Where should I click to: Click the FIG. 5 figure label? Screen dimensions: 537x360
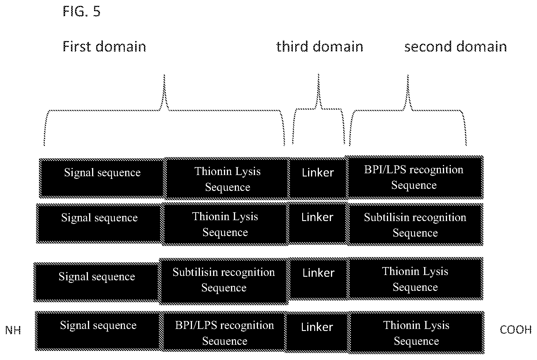point(81,11)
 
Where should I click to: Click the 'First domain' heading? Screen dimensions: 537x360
point(104,47)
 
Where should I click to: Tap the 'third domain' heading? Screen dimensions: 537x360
point(320,47)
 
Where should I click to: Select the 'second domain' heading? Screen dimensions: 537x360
point(456,47)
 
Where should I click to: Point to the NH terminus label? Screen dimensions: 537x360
point(13,330)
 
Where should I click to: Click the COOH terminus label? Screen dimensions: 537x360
point(516,330)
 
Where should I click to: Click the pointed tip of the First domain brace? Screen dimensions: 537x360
point(164,75)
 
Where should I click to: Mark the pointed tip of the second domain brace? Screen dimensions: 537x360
point(408,75)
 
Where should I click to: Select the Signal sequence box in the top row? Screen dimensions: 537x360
point(102,178)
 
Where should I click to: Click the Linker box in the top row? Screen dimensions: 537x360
point(318,178)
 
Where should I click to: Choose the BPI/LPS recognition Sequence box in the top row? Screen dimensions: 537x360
point(414,177)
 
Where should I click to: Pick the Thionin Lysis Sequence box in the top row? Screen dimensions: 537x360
point(227,179)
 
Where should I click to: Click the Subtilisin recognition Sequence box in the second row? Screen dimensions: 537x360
point(415,225)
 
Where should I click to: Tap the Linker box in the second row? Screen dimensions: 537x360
point(318,224)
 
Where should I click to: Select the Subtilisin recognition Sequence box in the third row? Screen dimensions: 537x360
point(224,281)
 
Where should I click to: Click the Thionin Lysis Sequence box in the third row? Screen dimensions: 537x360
point(415,279)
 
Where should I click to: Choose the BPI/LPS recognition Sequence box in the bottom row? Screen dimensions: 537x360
point(224,332)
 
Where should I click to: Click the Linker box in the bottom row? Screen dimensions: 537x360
point(317,332)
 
